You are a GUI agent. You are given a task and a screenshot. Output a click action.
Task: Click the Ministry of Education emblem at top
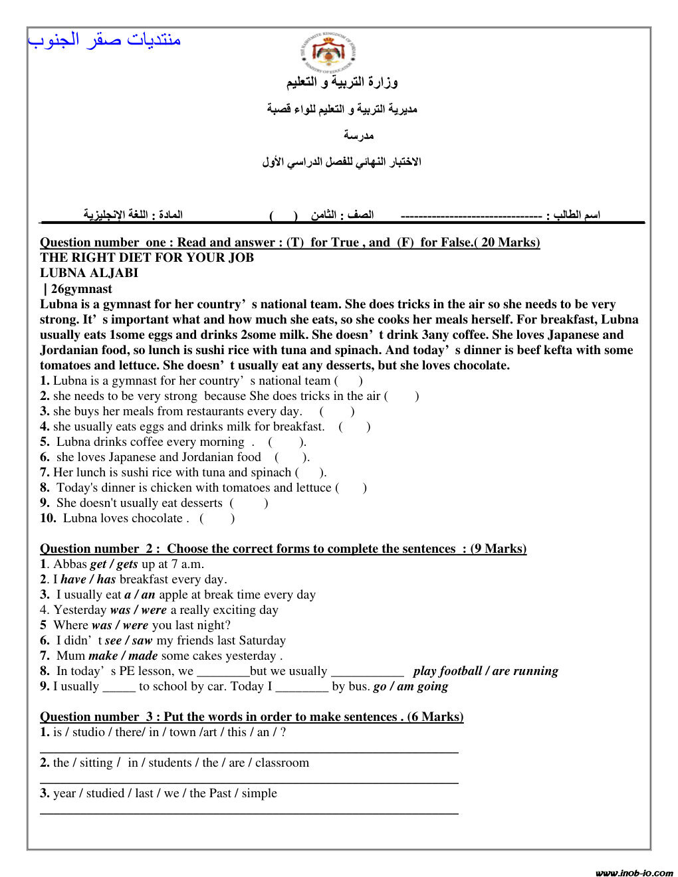(x=328, y=51)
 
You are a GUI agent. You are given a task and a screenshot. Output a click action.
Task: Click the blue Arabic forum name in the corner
(x=104, y=40)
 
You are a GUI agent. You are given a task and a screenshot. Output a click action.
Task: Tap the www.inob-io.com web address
(x=633, y=872)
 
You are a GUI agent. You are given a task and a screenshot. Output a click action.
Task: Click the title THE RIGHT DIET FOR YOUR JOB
(x=147, y=258)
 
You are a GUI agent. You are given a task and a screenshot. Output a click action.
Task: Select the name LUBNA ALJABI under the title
(x=89, y=273)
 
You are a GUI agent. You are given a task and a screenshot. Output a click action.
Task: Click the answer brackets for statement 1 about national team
(x=348, y=381)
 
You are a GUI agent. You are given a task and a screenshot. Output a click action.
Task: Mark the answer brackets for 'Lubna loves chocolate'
(x=217, y=518)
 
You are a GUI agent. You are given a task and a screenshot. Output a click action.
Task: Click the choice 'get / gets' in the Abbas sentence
(x=114, y=564)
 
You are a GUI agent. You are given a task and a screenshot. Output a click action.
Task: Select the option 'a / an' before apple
(x=139, y=595)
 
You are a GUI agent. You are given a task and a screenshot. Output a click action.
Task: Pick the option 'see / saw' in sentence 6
(x=128, y=640)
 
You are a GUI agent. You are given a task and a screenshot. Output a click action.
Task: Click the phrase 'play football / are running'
(x=485, y=671)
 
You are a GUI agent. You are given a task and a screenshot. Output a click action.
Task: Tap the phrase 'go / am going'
(x=410, y=686)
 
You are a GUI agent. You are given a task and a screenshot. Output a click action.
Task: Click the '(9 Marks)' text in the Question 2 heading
(x=498, y=549)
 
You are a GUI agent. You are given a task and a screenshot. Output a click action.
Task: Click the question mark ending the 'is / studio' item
(x=283, y=732)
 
